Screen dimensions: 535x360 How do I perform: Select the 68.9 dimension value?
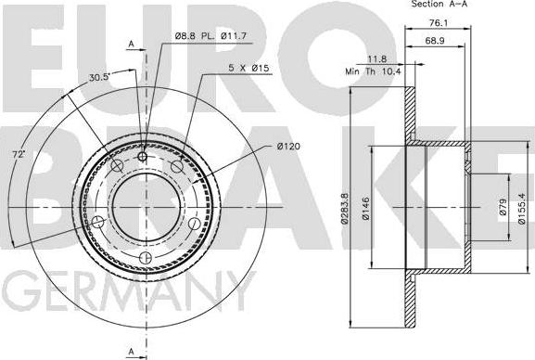point(435,41)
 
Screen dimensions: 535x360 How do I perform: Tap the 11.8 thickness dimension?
point(377,59)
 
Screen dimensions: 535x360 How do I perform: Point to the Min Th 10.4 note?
point(374,71)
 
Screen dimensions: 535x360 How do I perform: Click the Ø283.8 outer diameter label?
point(345,209)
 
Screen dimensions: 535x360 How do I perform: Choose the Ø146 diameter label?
point(365,209)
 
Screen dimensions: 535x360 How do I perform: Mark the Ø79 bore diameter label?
point(503,207)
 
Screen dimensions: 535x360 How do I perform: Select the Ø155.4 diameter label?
point(522,209)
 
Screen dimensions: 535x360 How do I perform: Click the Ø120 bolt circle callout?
point(288,147)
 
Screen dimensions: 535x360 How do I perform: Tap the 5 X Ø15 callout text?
point(248,68)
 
